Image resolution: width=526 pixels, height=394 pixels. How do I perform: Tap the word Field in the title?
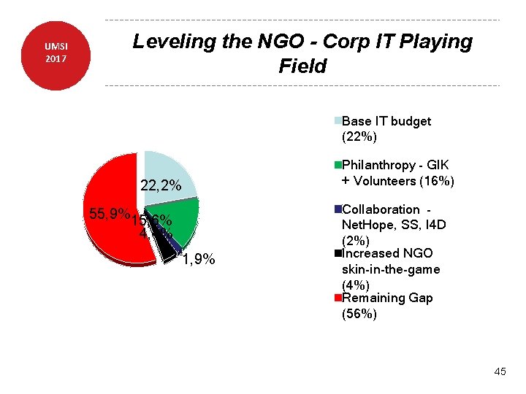point(302,67)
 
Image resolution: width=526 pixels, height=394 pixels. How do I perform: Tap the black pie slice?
point(167,246)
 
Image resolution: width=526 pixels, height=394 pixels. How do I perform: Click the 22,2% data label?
point(161,187)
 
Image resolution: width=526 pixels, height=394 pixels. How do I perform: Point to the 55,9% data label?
point(108,215)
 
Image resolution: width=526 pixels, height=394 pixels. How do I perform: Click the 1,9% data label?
point(199,260)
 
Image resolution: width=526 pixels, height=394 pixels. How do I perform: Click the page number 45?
point(500,372)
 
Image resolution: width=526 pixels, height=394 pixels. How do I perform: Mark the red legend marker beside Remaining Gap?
point(338,298)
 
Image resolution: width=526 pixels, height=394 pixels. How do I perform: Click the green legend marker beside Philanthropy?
point(338,165)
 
